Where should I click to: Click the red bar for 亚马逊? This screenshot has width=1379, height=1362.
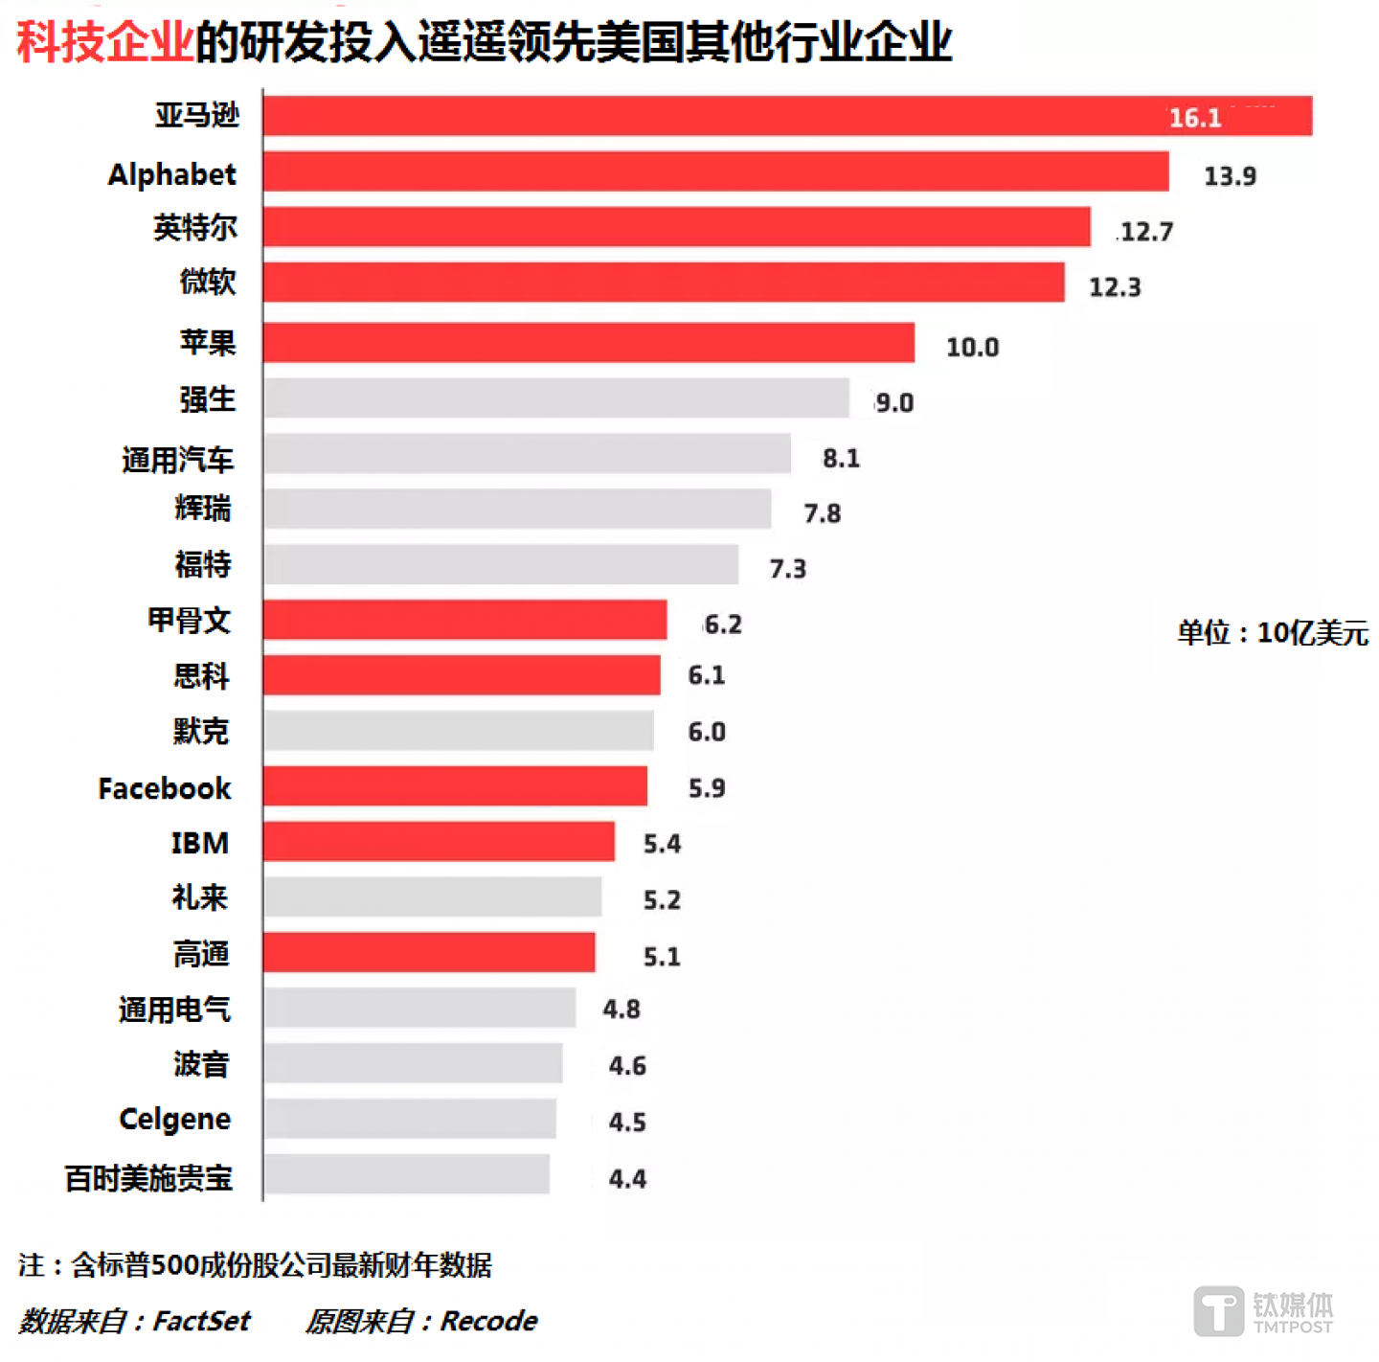[x=787, y=116]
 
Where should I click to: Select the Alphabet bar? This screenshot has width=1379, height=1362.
[x=715, y=171]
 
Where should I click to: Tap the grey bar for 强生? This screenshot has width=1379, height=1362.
[x=556, y=397]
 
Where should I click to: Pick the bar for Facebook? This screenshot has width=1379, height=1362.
[x=455, y=786]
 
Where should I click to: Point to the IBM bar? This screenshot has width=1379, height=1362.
[x=439, y=841]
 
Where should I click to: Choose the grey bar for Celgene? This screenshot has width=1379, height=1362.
[x=410, y=1119]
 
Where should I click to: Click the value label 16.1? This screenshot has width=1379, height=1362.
[x=1195, y=118]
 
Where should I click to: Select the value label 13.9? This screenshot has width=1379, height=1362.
[x=1230, y=176]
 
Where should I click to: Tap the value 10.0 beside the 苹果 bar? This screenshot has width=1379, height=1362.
[x=972, y=347]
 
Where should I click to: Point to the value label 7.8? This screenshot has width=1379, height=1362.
[x=822, y=513]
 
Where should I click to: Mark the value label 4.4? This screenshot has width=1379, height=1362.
[x=627, y=1178]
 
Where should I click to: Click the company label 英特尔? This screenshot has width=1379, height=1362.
[x=195, y=228]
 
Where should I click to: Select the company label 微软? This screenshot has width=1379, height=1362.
[x=208, y=282]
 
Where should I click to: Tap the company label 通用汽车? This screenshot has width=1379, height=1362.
[x=178, y=460]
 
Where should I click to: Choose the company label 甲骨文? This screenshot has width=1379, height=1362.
[x=190, y=621]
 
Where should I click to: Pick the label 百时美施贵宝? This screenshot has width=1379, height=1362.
[x=148, y=1178]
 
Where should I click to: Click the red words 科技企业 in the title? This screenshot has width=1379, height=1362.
[x=105, y=42]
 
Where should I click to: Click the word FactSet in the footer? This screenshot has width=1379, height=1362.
[x=201, y=1322]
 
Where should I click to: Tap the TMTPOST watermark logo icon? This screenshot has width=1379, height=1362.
[x=1218, y=1310]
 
